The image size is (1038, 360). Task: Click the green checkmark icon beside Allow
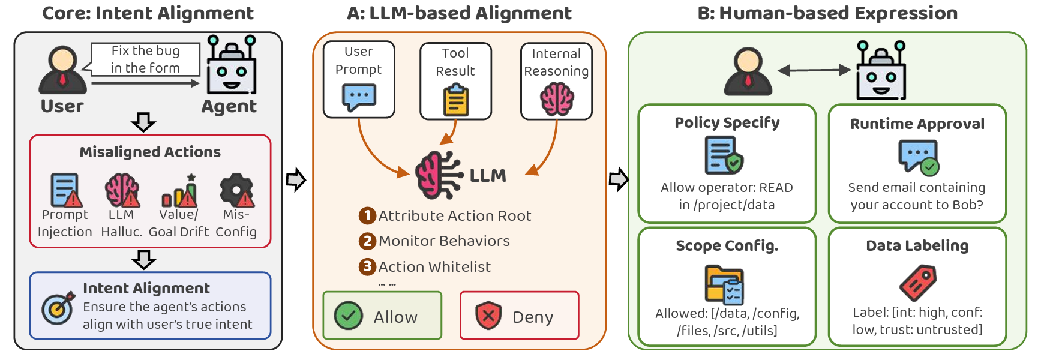(x=348, y=316)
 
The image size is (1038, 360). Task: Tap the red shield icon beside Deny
(x=488, y=316)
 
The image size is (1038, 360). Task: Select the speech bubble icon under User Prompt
(x=359, y=97)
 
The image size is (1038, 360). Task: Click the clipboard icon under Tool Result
(x=456, y=100)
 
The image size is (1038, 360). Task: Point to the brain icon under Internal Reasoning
(x=557, y=98)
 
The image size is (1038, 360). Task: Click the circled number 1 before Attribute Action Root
(x=367, y=215)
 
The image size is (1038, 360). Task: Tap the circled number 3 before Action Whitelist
(x=367, y=266)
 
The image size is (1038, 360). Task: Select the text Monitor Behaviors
(x=444, y=241)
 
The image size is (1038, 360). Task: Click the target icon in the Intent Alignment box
(x=58, y=308)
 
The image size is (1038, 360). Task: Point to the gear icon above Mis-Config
(x=236, y=190)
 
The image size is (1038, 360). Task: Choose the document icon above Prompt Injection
(x=65, y=190)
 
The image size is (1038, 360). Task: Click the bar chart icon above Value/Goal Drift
(x=179, y=191)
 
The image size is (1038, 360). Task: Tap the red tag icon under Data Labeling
(x=918, y=283)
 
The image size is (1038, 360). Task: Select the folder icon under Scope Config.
(x=725, y=284)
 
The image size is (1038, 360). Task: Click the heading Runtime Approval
(x=917, y=124)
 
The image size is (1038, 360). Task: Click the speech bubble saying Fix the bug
(x=145, y=59)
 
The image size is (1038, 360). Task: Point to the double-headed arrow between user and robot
(x=814, y=70)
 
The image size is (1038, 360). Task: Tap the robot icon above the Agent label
(x=232, y=65)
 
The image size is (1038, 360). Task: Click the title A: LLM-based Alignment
(x=460, y=13)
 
